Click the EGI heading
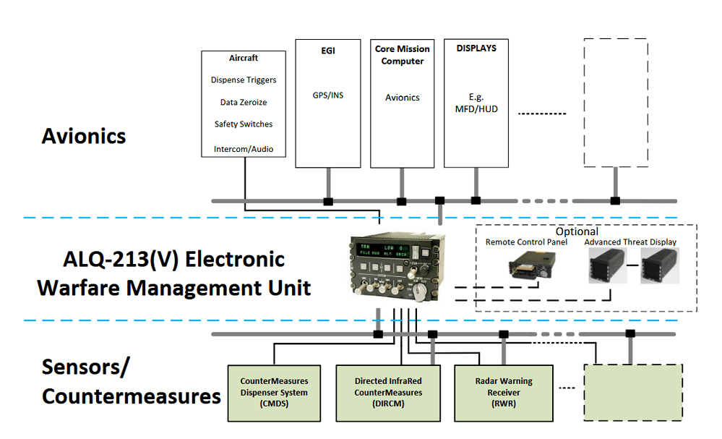(328, 51)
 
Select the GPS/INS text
(328, 95)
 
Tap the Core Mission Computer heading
(403, 55)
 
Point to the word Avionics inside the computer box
(403, 98)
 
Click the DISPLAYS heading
(476, 48)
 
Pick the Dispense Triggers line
(244, 80)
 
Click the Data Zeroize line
(244, 103)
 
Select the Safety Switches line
(244, 124)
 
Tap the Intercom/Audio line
(244, 150)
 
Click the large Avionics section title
(84, 136)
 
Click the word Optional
(577, 232)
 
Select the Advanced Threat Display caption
(630, 242)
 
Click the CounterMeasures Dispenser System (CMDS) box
(274, 393)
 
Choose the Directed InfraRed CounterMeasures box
(387, 393)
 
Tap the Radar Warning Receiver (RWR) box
(504, 393)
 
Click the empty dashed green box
(633, 393)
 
